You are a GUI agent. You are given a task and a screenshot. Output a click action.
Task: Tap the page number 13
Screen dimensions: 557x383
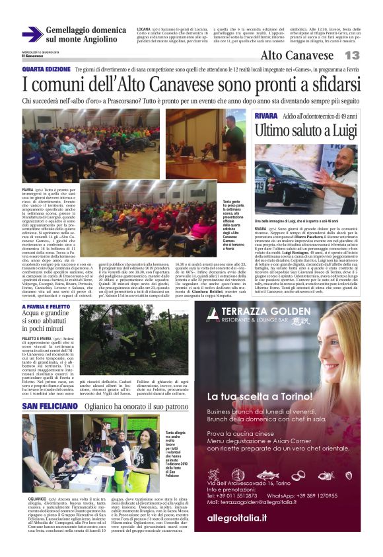tap(352, 56)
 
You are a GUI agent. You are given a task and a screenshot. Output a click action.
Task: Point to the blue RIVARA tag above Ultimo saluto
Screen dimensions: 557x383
tap(266, 116)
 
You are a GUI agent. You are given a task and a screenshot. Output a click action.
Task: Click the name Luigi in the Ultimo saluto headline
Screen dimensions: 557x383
tap(334, 129)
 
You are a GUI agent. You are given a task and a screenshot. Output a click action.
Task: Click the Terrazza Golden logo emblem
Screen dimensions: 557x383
tap(213, 315)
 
